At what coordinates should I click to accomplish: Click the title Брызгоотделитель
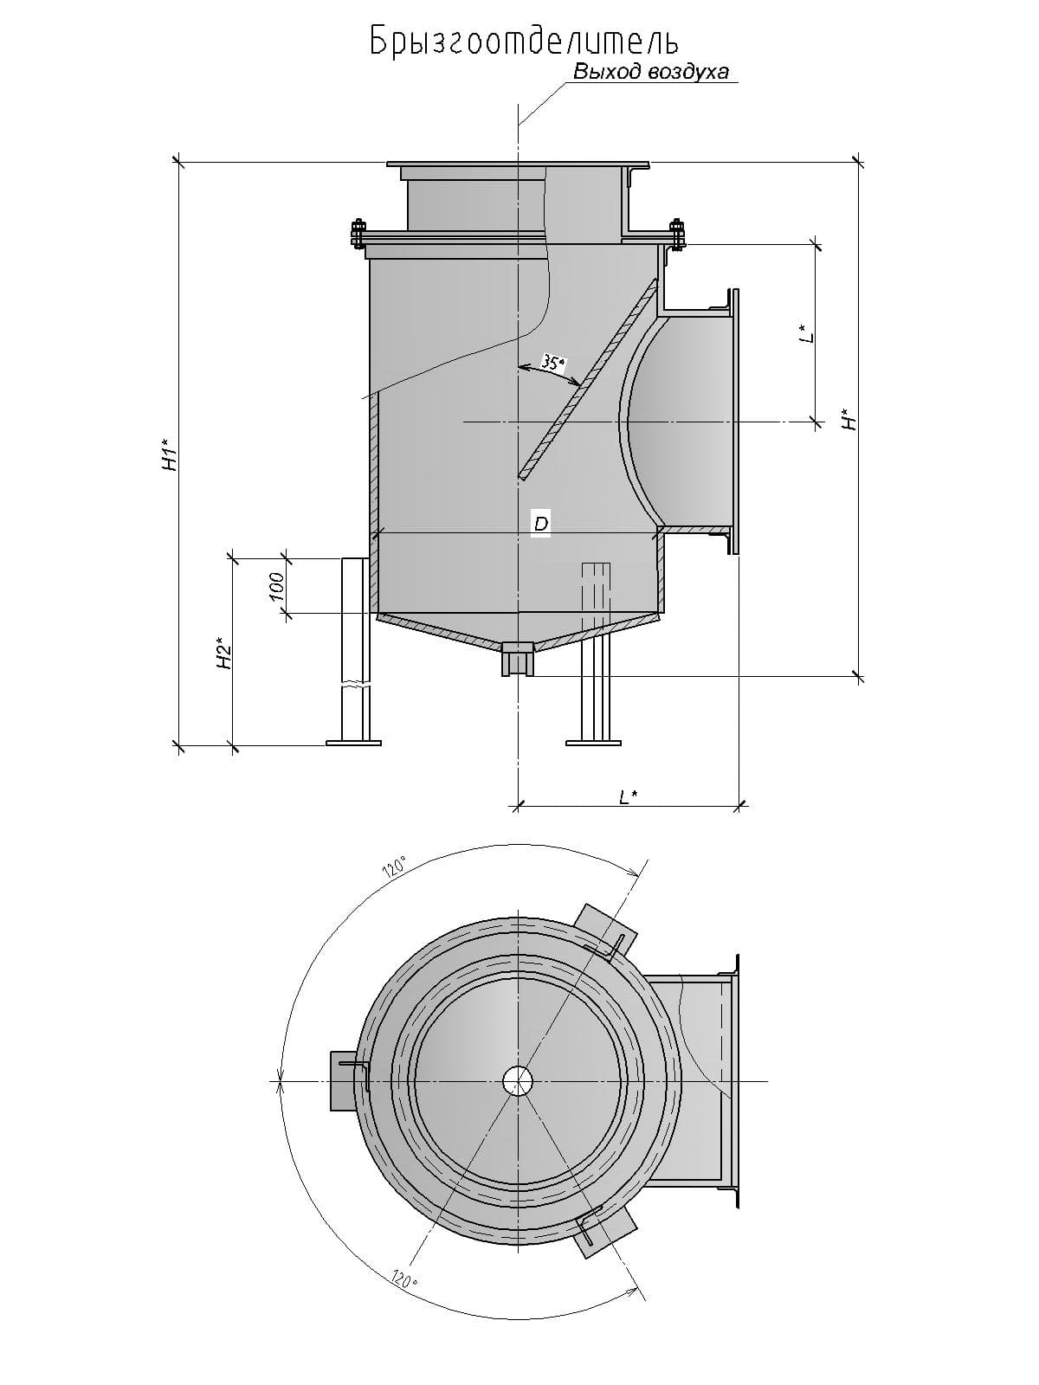(524, 42)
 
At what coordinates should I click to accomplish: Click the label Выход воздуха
(651, 72)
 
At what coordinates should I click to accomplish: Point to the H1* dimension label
(171, 455)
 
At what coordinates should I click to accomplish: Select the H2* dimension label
(224, 653)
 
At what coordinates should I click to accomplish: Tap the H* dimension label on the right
(849, 419)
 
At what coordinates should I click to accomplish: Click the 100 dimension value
(276, 587)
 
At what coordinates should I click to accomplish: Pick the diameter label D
(540, 524)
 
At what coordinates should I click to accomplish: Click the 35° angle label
(552, 363)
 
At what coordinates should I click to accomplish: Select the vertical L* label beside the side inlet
(806, 333)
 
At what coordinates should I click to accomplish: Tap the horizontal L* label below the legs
(629, 797)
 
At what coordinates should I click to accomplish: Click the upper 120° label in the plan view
(396, 868)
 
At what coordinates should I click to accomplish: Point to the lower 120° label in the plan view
(402, 1278)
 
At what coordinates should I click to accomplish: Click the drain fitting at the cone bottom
(518, 659)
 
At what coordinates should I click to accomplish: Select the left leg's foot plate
(353, 742)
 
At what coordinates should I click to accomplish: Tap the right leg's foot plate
(593, 742)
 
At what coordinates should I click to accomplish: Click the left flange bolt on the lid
(358, 234)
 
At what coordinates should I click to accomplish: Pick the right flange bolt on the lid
(676, 234)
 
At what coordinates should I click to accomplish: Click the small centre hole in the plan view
(518, 1080)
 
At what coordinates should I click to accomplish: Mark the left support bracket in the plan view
(343, 1079)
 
